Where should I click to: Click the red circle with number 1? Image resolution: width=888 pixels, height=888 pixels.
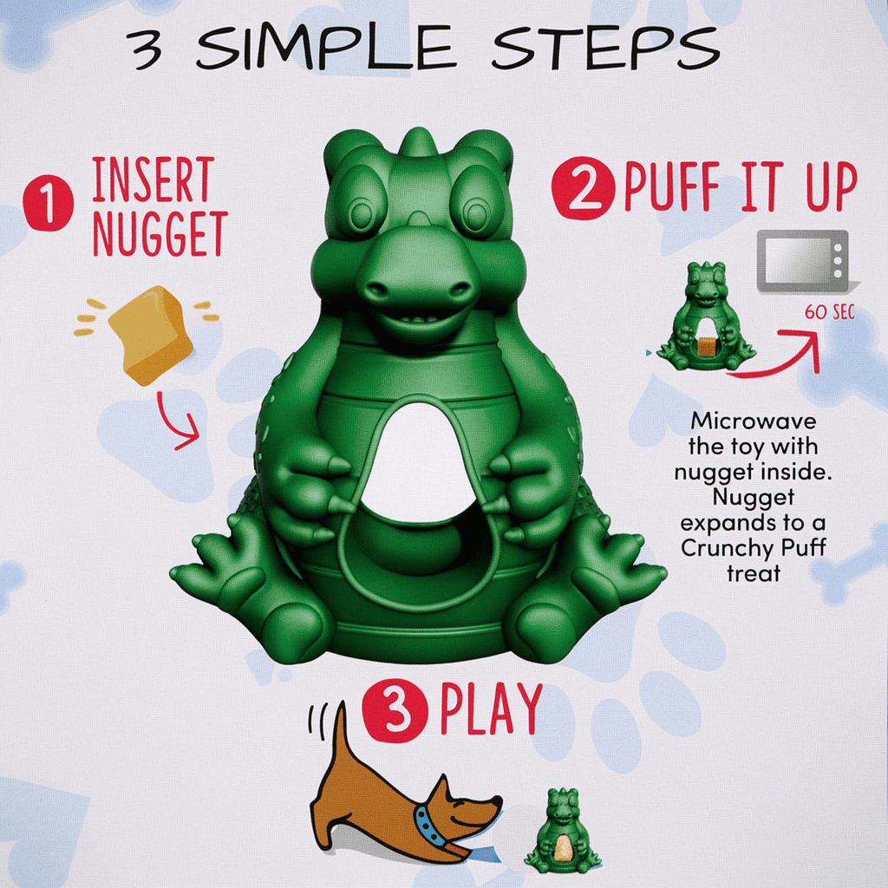49,203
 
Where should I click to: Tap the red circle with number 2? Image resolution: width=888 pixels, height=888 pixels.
584,188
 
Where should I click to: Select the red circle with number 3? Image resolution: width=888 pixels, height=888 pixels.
395,711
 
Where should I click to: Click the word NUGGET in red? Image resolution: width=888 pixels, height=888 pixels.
160,234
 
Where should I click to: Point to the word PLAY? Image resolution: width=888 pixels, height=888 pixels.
491,709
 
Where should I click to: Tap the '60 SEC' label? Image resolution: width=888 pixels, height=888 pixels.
829,312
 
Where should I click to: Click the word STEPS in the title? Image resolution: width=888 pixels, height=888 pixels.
605,49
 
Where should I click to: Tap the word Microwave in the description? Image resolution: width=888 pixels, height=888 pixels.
754,421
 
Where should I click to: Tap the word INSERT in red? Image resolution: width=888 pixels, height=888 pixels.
153,180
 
